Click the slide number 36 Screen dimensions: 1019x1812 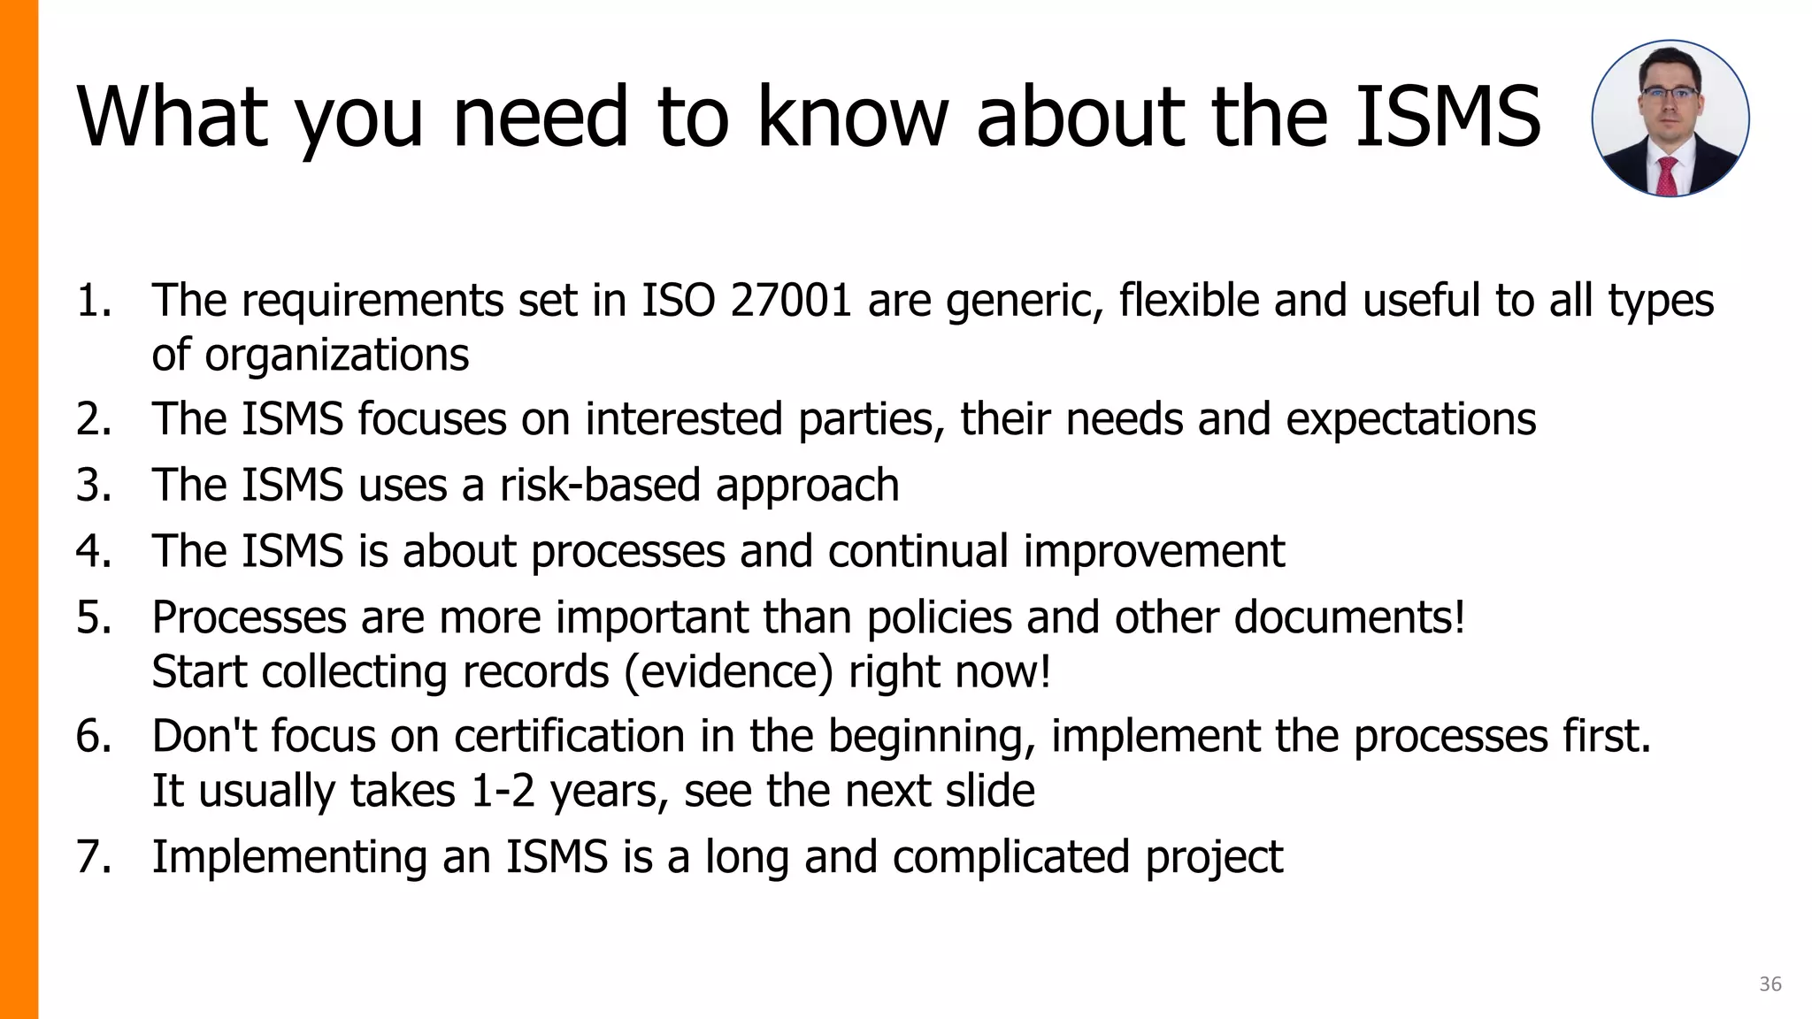[x=1770, y=984]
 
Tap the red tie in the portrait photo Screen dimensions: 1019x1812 [x=1668, y=177]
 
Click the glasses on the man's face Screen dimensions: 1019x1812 [x=1669, y=94]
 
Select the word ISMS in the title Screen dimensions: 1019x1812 [x=1448, y=117]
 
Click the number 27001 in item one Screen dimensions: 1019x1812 [x=790, y=301]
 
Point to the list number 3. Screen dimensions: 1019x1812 [x=93, y=486]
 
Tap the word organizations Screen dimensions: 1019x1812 [x=336, y=356]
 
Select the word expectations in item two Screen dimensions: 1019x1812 [x=1410, y=419]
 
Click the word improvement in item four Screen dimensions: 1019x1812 [x=1154, y=551]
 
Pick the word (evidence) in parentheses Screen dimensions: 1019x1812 [x=728, y=671]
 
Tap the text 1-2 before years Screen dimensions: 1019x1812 [x=503, y=791]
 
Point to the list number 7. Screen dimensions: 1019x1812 [x=93, y=857]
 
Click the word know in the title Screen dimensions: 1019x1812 [x=852, y=117]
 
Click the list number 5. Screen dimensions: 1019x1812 [x=93, y=617]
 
